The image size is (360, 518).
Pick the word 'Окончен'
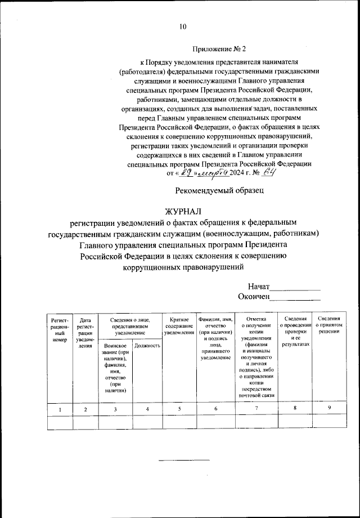pyautogui.click(x=254, y=296)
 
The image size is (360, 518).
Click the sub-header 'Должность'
pyautogui.click(x=147, y=345)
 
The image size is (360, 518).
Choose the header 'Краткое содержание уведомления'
pyautogui.click(x=179, y=327)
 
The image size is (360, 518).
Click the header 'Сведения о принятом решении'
pyautogui.click(x=328, y=325)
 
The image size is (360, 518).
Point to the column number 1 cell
pyautogui.click(x=60, y=409)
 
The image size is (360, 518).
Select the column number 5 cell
pyautogui.click(x=179, y=409)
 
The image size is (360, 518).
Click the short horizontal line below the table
pyautogui.click(x=183, y=461)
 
